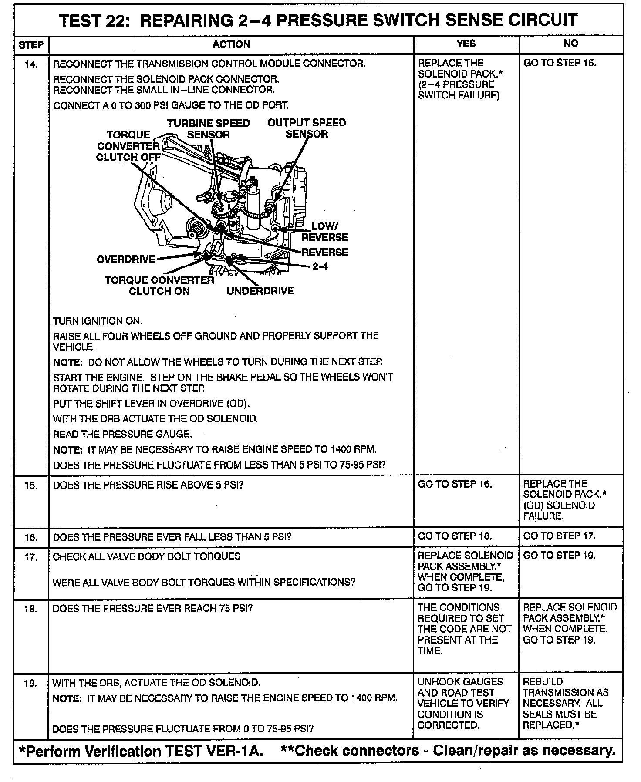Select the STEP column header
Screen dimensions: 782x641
31,45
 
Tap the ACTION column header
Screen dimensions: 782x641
231,44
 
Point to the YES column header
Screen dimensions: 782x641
466,44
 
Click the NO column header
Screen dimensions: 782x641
570,43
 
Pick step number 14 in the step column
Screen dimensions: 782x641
31,64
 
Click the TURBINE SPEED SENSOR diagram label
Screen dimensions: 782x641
209,129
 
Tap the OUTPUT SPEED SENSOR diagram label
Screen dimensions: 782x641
307,128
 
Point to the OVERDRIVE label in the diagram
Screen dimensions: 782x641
126,260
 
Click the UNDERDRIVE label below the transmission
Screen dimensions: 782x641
260,291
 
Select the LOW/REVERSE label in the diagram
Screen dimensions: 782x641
325,232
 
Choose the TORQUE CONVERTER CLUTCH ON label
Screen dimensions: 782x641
159,286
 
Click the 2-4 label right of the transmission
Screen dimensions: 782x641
320,266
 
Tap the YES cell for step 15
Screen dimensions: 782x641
455,484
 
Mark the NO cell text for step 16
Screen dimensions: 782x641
559,536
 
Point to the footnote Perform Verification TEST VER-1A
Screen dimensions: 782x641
142,751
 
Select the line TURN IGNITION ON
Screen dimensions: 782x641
98,321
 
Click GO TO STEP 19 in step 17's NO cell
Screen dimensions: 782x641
559,556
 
